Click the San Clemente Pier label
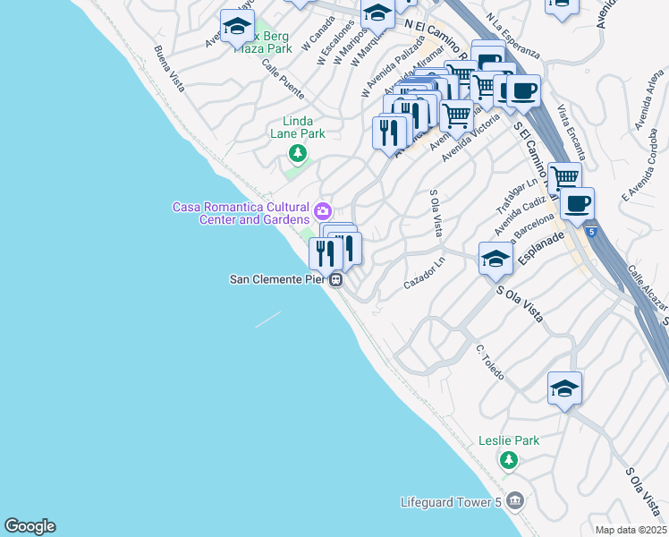278,279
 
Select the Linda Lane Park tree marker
297,155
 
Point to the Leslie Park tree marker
509,460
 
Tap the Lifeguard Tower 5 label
452,501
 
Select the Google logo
30,526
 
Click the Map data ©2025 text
631,530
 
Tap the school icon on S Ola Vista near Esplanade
495,258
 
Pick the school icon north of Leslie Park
564,388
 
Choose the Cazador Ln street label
424,274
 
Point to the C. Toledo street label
491,362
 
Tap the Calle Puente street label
283,80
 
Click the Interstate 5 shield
592,232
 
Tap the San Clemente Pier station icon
336,280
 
